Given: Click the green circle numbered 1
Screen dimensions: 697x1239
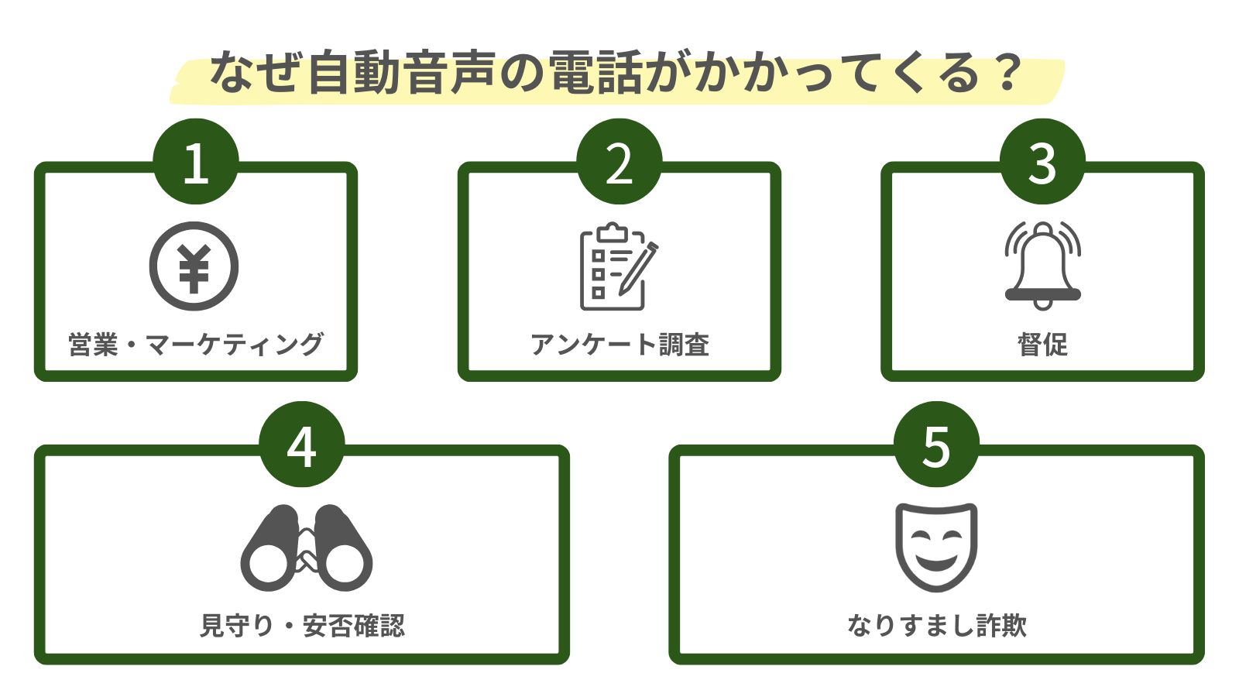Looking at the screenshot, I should [x=195, y=162].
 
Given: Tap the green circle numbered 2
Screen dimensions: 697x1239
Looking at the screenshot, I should [x=619, y=162].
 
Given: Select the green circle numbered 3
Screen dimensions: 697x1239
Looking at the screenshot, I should [x=1042, y=162].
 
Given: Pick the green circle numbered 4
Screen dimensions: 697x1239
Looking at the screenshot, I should [x=301, y=445].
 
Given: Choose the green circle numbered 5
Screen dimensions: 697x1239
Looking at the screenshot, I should [x=936, y=445].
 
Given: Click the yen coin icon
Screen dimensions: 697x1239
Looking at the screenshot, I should [x=194, y=266].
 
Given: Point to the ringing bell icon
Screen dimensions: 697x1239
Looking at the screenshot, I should [x=1042, y=266].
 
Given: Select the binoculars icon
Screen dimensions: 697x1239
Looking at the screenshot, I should [x=307, y=548].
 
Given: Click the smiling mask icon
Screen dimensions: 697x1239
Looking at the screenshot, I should [x=936, y=547].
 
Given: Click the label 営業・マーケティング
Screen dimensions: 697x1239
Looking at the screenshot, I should [x=195, y=344].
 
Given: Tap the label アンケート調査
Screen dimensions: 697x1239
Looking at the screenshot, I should [x=619, y=344].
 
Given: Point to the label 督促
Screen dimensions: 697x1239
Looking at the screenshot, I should [x=1042, y=344].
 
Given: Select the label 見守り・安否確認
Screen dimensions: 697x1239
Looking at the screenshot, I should [x=302, y=625].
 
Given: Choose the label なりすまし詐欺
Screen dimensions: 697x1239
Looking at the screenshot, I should [x=936, y=625].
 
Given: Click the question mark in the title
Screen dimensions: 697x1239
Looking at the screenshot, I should [x=1007, y=73].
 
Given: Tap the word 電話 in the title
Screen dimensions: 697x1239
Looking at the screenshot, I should [x=595, y=73].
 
